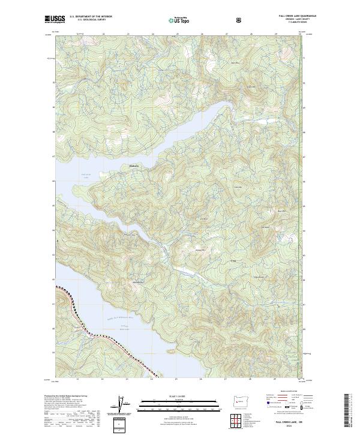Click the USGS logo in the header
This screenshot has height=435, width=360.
(x=55, y=19)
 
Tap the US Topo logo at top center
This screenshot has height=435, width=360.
(x=178, y=20)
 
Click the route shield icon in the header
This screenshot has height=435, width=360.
(x=239, y=20)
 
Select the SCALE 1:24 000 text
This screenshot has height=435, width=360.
(x=178, y=395)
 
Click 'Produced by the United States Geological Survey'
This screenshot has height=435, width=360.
(x=66, y=395)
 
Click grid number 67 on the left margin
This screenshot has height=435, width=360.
(x=51, y=154)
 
